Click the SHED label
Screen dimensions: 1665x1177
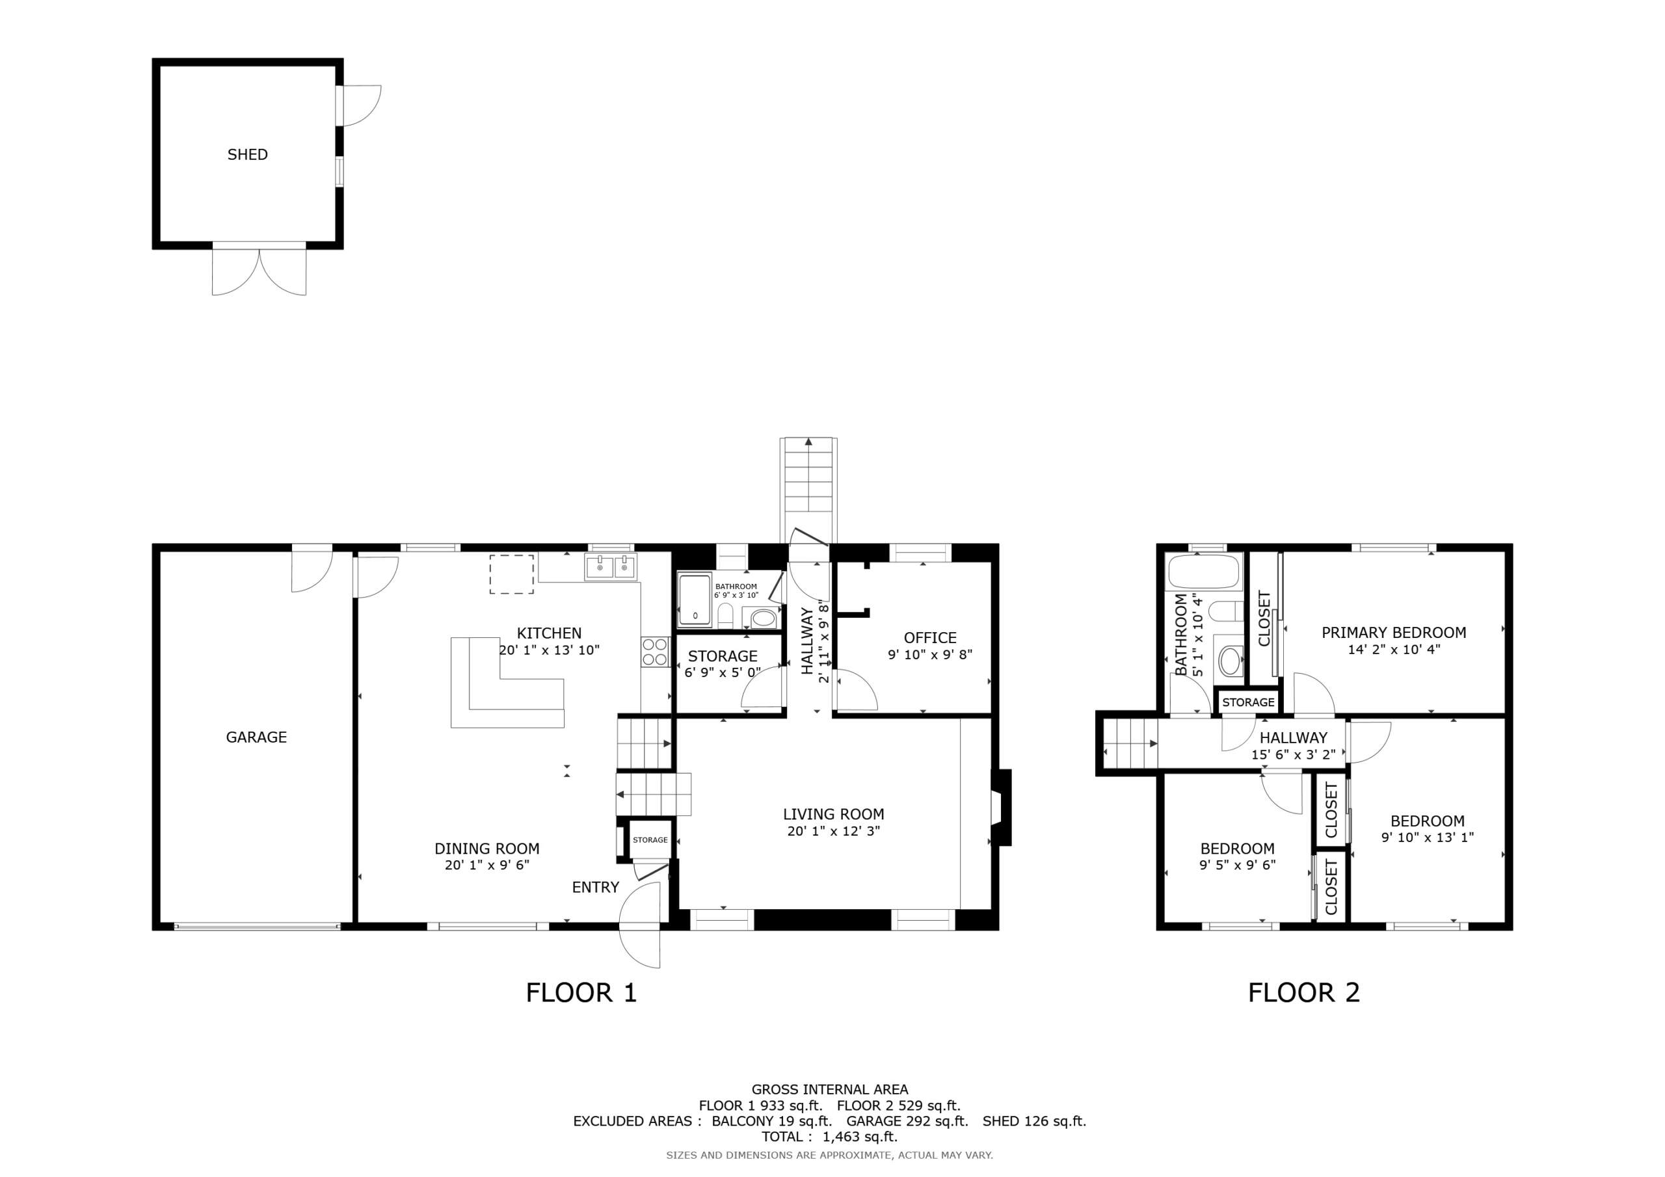(247, 155)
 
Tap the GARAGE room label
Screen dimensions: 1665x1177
(256, 737)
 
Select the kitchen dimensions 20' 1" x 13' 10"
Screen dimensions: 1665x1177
(549, 650)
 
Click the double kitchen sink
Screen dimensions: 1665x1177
(611, 566)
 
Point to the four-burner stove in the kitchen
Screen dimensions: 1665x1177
(655, 651)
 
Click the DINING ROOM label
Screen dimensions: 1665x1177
(486, 849)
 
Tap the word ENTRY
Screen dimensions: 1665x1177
(595, 887)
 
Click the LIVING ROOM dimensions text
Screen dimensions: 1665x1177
(833, 831)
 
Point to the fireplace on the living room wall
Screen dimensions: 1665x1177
(1001, 807)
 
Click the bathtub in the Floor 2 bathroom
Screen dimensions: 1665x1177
(1204, 572)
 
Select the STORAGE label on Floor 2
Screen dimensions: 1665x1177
(1248, 702)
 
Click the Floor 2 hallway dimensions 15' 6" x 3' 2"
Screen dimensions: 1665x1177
(1293, 755)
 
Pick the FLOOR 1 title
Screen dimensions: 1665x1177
(581, 993)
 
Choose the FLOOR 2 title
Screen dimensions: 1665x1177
(1304, 993)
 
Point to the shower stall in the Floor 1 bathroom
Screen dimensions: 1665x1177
(695, 600)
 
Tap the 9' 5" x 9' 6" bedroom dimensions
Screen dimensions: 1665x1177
(1237, 864)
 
